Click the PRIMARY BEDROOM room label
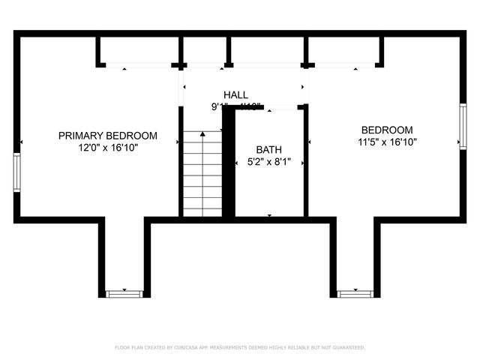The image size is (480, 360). click(108, 136)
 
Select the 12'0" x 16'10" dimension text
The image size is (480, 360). click(108, 148)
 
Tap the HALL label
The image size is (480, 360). click(235, 94)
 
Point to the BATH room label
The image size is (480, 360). click(269, 149)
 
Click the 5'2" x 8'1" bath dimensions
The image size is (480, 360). click(269, 161)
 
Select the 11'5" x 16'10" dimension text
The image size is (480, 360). click(387, 141)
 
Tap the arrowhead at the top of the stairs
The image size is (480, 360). click(202, 133)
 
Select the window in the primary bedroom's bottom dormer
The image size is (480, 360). click(122, 292)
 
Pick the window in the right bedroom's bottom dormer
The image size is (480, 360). click(355, 292)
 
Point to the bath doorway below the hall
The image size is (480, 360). click(269, 109)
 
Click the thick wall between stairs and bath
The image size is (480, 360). click(229, 161)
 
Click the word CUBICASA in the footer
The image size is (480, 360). click(188, 348)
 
